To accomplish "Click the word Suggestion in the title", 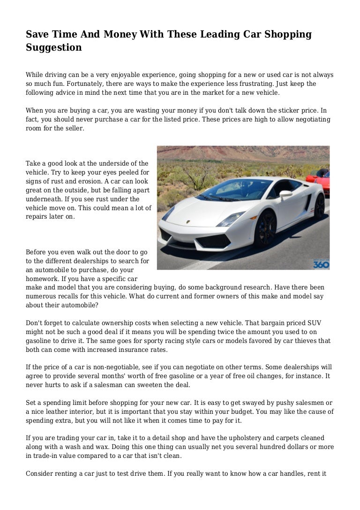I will [53, 47].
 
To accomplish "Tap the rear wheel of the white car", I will [319, 207].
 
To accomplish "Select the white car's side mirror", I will [285, 194].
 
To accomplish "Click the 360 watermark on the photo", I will [321, 264].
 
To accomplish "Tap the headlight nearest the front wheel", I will [231, 219].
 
